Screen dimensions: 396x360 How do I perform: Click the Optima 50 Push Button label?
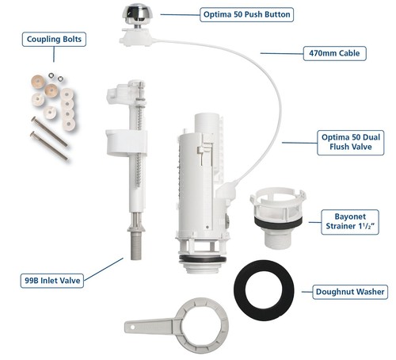pos(246,14)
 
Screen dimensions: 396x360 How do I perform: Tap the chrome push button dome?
pos(136,13)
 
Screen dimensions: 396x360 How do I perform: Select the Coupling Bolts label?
pos(54,40)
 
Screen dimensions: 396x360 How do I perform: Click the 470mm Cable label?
pos(334,53)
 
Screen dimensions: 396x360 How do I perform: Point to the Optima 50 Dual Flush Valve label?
pos(351,142)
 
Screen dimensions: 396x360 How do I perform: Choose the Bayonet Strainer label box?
pos(350,222)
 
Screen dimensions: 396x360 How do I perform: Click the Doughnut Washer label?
pos(350,292)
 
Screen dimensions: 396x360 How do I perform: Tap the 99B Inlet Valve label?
pos(52,281)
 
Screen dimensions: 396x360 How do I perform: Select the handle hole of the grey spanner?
pos(133,327)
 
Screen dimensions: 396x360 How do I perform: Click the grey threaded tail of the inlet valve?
pos(136,247)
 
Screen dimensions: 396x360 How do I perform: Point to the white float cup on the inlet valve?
pos(127,142)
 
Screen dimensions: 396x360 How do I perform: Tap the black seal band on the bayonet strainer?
pos(278,223)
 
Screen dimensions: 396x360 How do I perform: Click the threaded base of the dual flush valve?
pos(203,266)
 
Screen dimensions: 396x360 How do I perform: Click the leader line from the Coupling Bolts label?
pos(54,54)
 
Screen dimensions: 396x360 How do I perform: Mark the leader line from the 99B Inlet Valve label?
pos(104,269)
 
